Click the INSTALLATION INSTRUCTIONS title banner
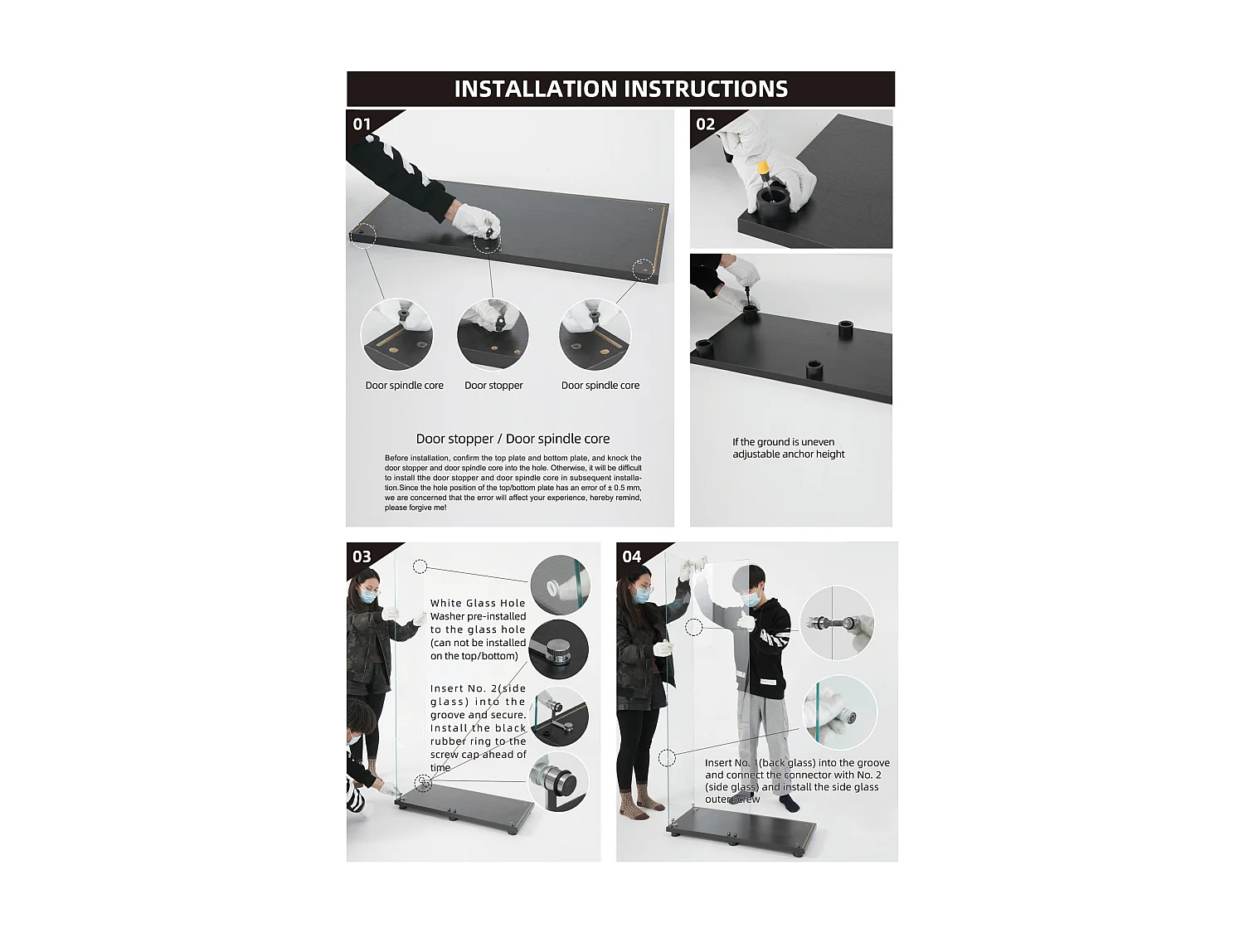620,89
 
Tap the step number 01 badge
362,124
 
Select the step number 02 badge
706,124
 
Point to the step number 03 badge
362,556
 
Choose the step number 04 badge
632,556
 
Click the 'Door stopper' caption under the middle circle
493,385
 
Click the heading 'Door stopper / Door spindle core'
513,439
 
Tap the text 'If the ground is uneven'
783,442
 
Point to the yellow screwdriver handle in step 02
764,168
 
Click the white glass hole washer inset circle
561,585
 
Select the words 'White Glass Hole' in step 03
478,603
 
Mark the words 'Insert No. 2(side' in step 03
478,688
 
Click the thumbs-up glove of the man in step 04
746,621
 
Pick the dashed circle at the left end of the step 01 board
363,235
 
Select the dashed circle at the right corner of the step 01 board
643,269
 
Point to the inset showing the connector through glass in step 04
837,623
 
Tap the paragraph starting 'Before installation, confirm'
513,483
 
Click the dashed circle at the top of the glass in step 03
420,566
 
